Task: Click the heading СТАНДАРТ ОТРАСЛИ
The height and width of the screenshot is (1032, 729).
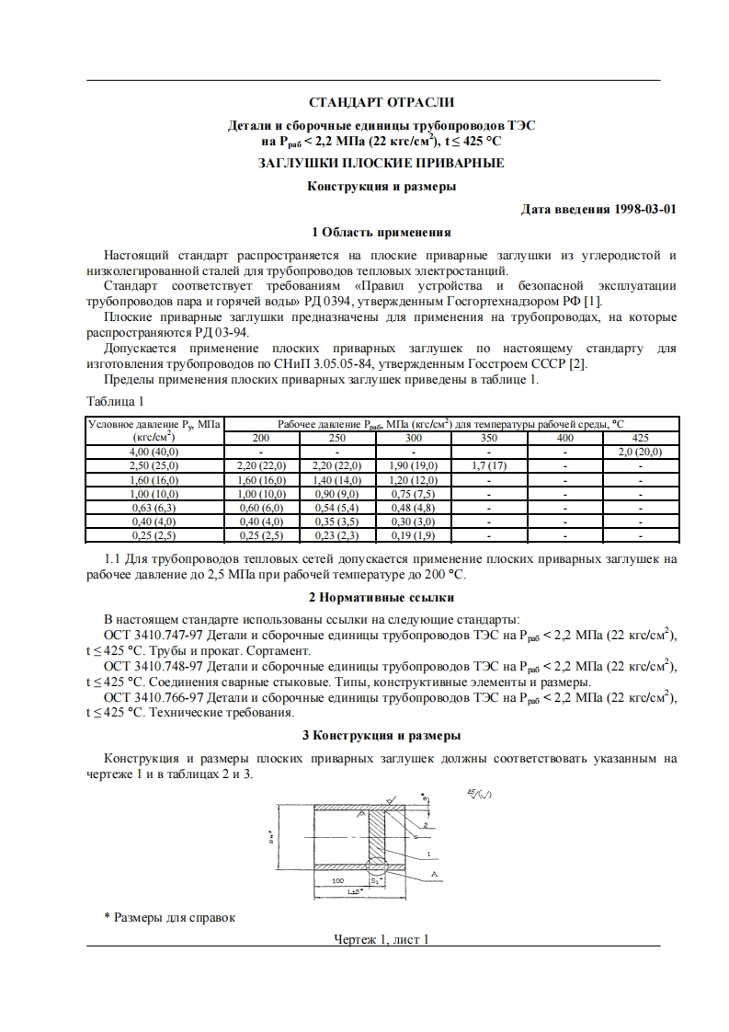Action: [381, 102]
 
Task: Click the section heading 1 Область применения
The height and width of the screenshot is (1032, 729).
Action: [381, 232]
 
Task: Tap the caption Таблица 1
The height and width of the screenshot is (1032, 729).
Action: [115, 402]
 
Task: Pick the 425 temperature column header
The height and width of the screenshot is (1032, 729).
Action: [641, 438]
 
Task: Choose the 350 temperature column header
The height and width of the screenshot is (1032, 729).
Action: [489, 438]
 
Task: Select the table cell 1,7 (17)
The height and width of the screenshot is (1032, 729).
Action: [489, 466]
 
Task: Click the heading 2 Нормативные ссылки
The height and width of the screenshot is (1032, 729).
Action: [381, 598]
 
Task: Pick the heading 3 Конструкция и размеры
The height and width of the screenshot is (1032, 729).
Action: [381, 735]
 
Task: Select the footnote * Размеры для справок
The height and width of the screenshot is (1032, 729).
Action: [170, 917]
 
